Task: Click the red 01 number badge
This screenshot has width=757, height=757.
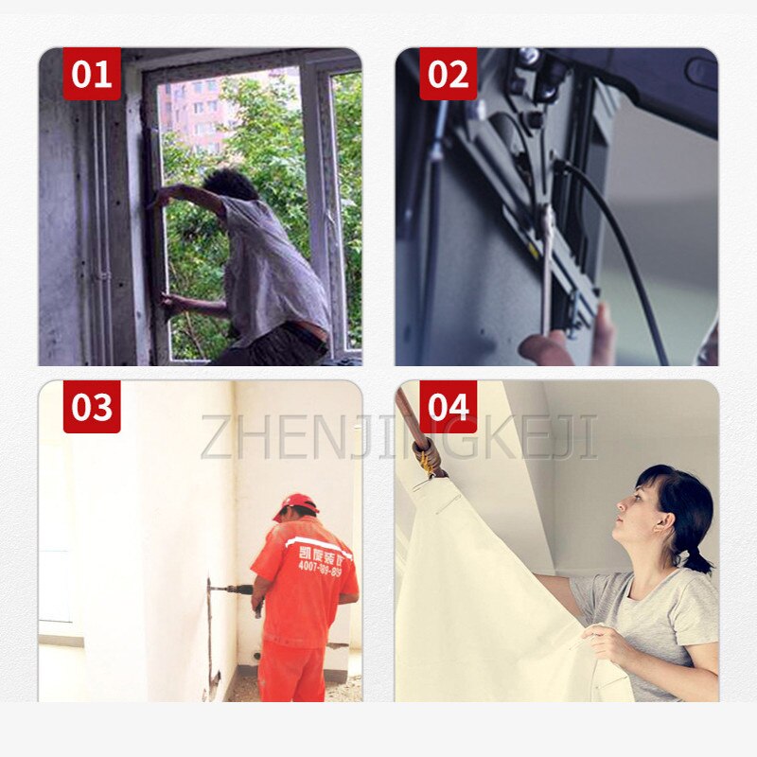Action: (x=92, y=74)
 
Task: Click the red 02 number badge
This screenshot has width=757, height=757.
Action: (x=448, y=74)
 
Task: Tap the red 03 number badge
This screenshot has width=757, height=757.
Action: (x=92, y=407)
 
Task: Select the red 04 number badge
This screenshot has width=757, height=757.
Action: (x=448, y=407)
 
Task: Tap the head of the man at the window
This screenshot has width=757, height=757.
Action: (x=231, y=185)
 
